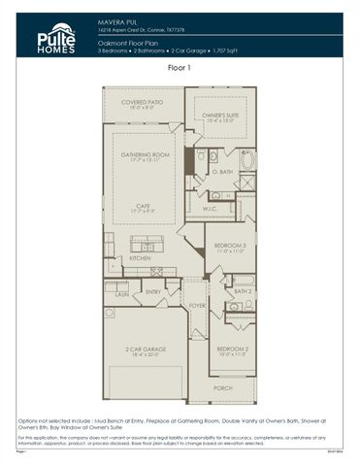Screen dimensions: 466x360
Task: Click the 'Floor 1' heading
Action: [180, 69]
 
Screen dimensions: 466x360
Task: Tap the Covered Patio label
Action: [141, 103]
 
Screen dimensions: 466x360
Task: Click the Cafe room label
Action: [145, 207]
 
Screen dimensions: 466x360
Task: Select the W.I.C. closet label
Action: [210, 209]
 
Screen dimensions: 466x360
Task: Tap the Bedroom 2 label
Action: [231, 349]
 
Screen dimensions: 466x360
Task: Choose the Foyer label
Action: [196, 306]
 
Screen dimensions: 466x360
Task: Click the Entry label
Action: [152, 291]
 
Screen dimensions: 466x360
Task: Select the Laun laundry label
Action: [122, 292]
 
